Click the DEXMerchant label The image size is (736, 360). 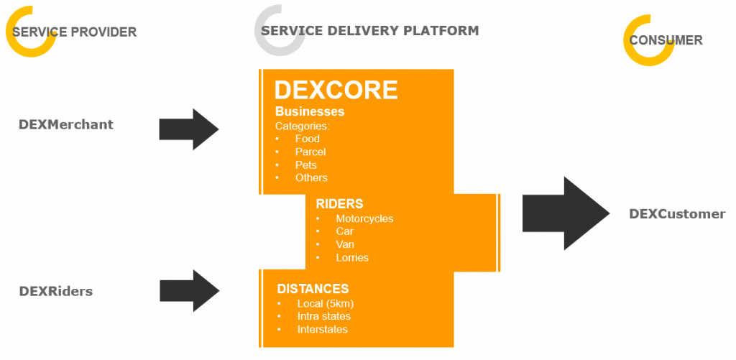[x=66, y=124]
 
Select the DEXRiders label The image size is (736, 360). [x=56, y=291]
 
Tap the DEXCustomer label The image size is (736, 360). [x=677, y=214]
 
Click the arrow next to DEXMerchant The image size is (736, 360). [x=189, y=129]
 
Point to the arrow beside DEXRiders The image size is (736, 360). [x=189, y=290]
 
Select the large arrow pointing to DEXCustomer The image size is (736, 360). [x=566, y=213]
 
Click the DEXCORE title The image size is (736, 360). [x=336, y=90]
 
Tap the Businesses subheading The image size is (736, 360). [x=310, y=111]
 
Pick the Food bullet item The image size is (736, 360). [x=308, y=139]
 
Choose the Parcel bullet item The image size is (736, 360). [x=310, y=152]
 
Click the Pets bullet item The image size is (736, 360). [x=306, y=165]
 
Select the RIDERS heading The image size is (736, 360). [x=339, y=203]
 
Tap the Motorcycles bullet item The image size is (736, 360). [x=364, y=218]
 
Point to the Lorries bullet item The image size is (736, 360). [x=352, y=257]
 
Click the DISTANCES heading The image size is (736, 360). [x=313, y=288]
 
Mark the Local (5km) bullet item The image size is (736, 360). [x=326, y=303]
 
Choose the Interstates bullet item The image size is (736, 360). [x=323, y=329]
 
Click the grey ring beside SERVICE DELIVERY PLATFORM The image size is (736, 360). [x=280, y=47]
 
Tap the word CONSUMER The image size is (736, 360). [x=666, y=40]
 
